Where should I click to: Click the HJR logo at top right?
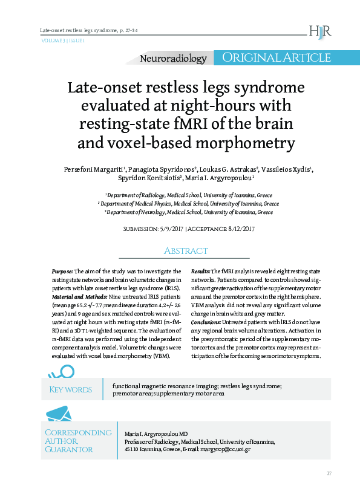[320, 31]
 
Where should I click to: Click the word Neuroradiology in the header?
[173, 59]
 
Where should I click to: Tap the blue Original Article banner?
[277, 58]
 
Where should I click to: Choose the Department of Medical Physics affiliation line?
[188, 204]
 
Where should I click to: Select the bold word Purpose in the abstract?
[61, 271]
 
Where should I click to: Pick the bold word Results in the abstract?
[200, 271]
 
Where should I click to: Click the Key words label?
[70, 389]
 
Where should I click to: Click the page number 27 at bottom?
[329, 473]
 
